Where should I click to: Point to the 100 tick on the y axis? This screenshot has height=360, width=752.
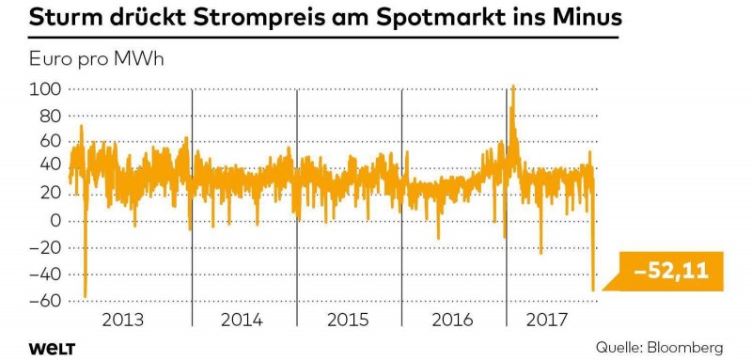coord(47,89)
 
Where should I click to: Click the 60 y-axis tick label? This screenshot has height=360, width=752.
coord(51,142)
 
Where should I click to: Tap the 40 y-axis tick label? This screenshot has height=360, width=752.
coord(51,168)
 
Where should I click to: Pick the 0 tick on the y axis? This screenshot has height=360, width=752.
coord(55,221)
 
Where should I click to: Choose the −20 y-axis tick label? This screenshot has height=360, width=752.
coord(44,248)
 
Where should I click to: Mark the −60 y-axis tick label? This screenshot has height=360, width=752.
coord(44,301)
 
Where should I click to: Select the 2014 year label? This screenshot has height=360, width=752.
coord(243,320)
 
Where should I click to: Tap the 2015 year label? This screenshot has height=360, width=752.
coord(349,320)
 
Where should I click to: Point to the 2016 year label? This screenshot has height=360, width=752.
coord(454,320)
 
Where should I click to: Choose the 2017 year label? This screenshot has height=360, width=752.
coord(548,320)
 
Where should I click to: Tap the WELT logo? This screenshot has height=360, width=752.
coord(47,348)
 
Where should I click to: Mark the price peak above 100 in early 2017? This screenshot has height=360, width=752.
coord(513,86)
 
